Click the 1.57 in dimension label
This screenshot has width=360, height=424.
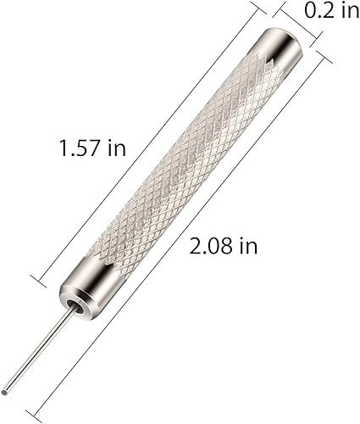tap(92, 148)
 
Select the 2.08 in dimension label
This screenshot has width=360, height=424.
tap(223, 247)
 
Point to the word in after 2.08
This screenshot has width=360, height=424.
tap(247, 247)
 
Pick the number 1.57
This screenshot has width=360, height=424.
tap(80, 148)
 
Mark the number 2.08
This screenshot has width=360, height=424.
tap(210, 247)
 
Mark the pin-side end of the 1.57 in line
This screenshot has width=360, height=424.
tap(34, 276)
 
